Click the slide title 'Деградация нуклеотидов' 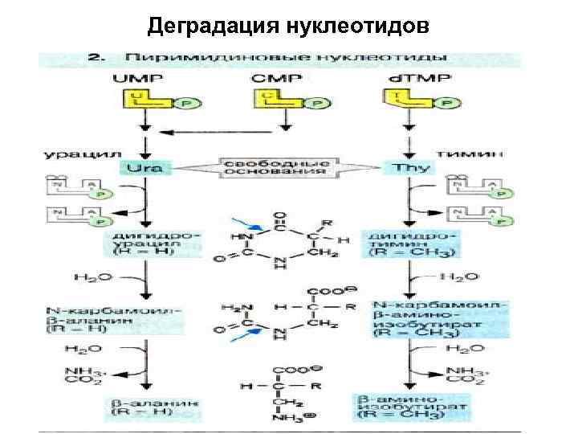pyautogui.click(x=288, y=27)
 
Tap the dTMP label pyautogui.click(x=411, y=79)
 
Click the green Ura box pyautogui.click(x=144, y=168)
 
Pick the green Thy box pyautogui.click(x=412, y=168)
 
